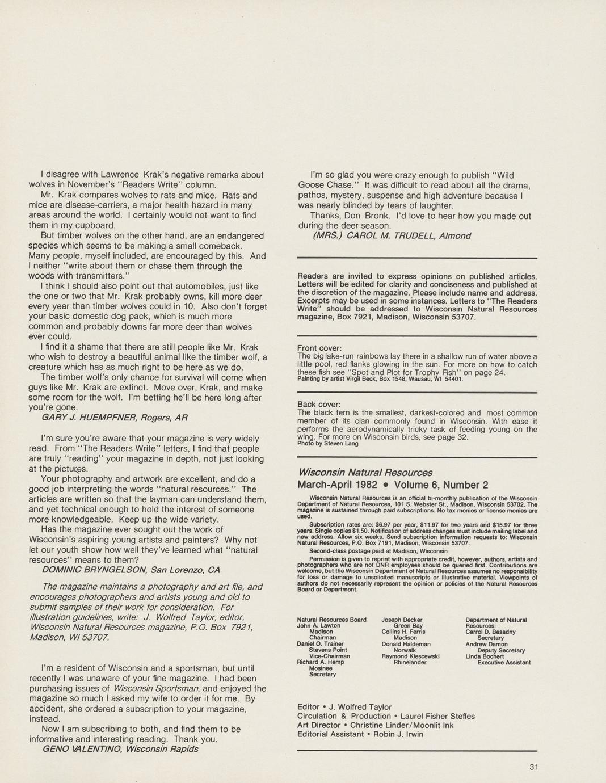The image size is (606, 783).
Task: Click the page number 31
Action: click(x=533, y=767)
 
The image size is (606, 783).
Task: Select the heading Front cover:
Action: click(x=319, y=348)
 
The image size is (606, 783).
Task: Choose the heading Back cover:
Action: click(x=318, y=405)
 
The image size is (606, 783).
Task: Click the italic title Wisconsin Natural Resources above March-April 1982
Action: click(x=365, y=473)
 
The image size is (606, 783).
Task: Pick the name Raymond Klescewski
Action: click(x=410, y=656)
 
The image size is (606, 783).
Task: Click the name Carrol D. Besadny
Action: click(x=490, y=632)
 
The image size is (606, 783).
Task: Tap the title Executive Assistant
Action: click(x=504, y=662)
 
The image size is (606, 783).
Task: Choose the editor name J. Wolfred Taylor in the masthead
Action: click(x=360, y=707)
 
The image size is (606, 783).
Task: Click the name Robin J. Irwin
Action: click(x=399, y=734)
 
